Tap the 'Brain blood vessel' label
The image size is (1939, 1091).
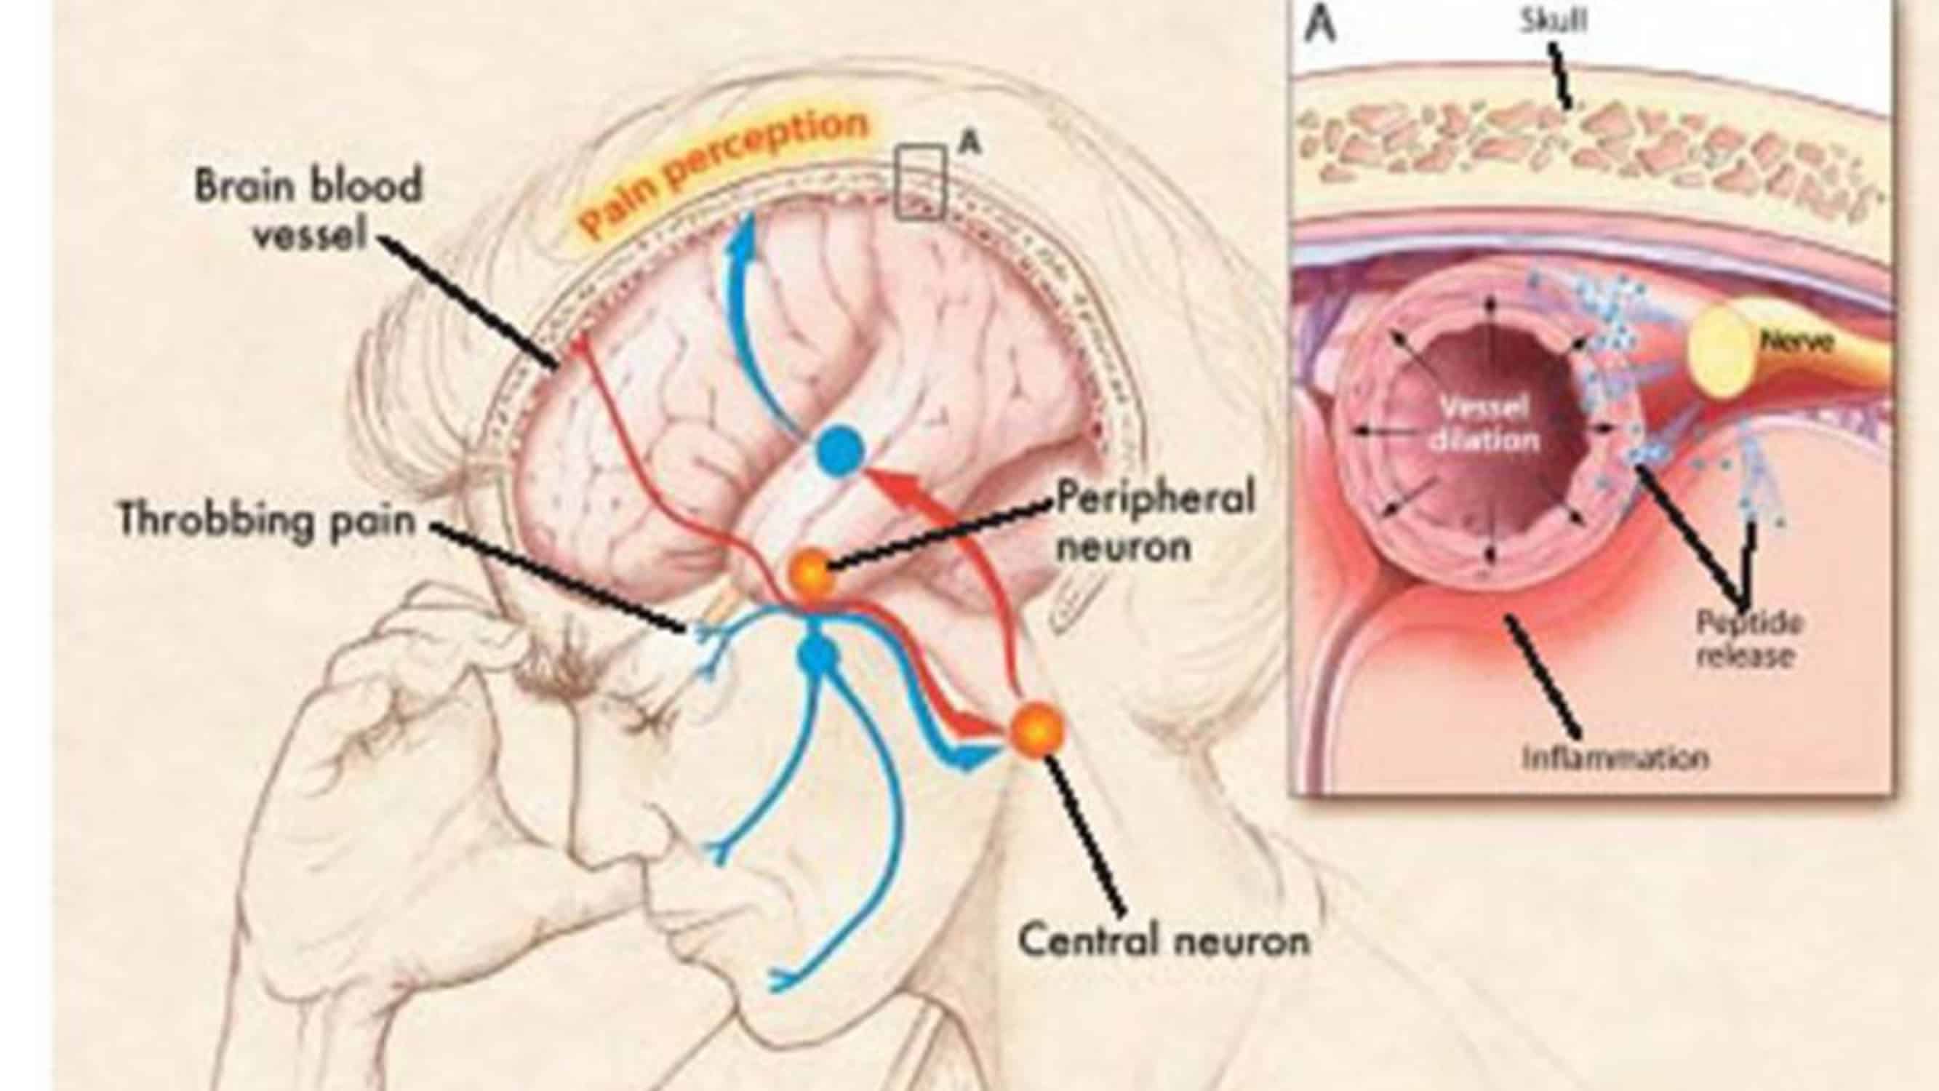(x=308, y=210)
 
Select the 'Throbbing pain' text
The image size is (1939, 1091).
(x=268, y=520)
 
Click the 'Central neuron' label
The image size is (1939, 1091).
(x=1163, y=940)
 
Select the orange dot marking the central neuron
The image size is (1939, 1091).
(x=1036, y=728)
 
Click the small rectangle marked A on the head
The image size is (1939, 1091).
(x=920, y=183)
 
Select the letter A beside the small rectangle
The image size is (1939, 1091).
(x=970, y=143)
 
